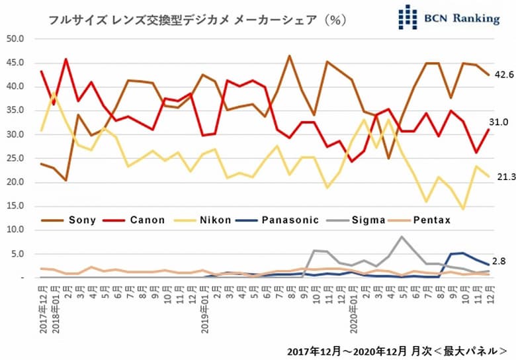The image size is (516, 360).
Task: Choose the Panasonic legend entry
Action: coord(292,220)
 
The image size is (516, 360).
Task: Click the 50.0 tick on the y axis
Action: coord(15,38)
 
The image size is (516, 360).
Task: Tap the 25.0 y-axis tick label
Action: coord(15,158)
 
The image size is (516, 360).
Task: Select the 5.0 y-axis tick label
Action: coord(17,254)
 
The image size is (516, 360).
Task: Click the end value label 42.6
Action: coord(505,75)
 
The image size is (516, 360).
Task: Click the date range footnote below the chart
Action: coord(397,349)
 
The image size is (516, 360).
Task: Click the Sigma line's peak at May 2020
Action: coord(401,236)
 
